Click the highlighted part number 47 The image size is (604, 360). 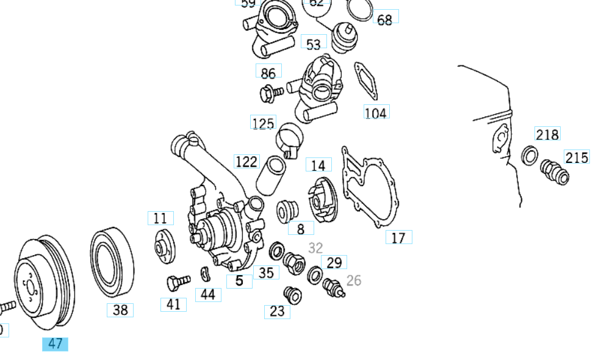[x=55, y=344]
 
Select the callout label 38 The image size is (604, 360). [x=120, y=310]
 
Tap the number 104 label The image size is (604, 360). [x=376, y=112]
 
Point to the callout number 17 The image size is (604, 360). [x=398, y=237]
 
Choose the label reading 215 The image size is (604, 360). [x=577, y=158]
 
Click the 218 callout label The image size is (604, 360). [x=547, y=134]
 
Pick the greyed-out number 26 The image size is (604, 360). [x=354, y=281]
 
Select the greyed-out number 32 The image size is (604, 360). [x=315, y=248]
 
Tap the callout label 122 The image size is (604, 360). [x=246, y=162]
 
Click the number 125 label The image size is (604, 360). [x=263, y=123]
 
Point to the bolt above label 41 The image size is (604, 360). [x=176, y=283]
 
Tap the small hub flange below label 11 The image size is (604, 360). [x=163, y=248]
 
